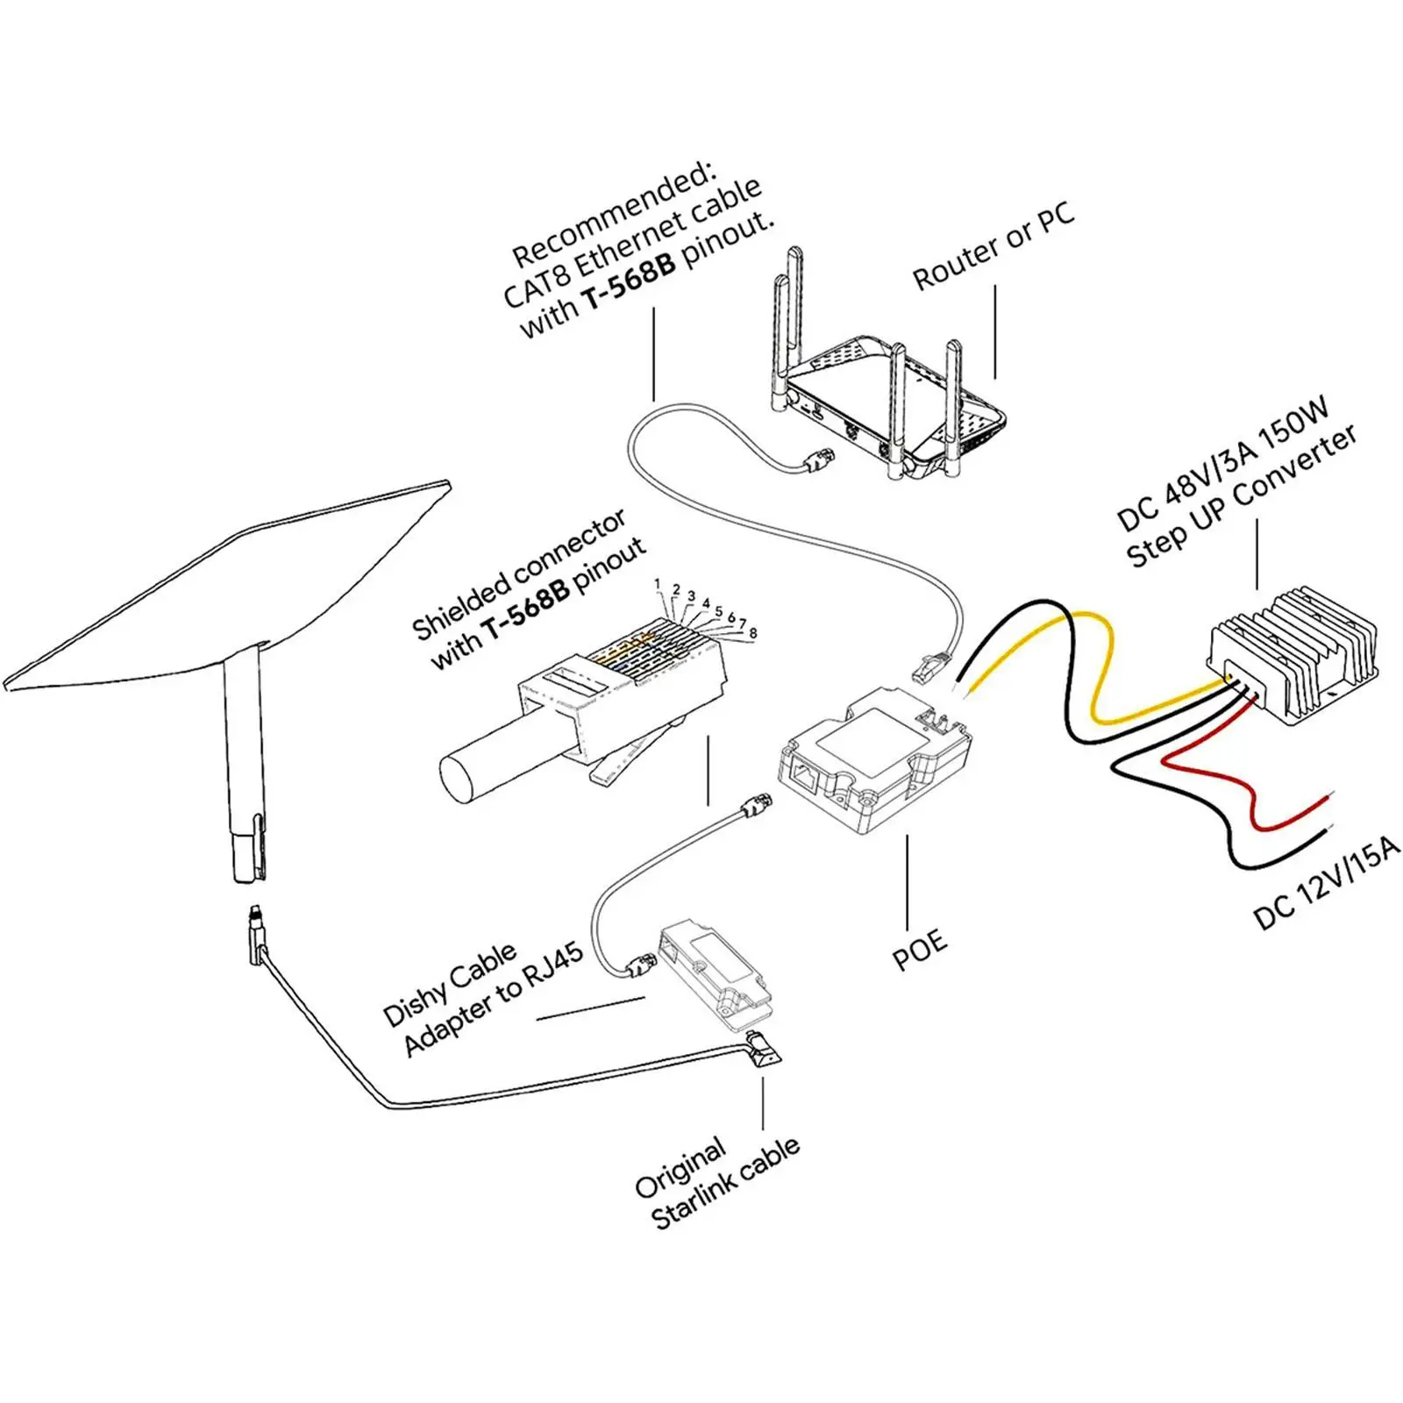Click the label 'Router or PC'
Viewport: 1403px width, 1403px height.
click(993, 249)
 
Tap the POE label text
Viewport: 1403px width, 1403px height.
click(919, 950)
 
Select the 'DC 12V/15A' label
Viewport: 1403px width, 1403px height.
click(1327, 886)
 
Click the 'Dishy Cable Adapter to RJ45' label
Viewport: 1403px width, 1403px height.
click(481, 1000)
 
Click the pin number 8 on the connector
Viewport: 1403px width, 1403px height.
click(752, 632)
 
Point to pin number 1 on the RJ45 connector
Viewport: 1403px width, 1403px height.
click(658, 584)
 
